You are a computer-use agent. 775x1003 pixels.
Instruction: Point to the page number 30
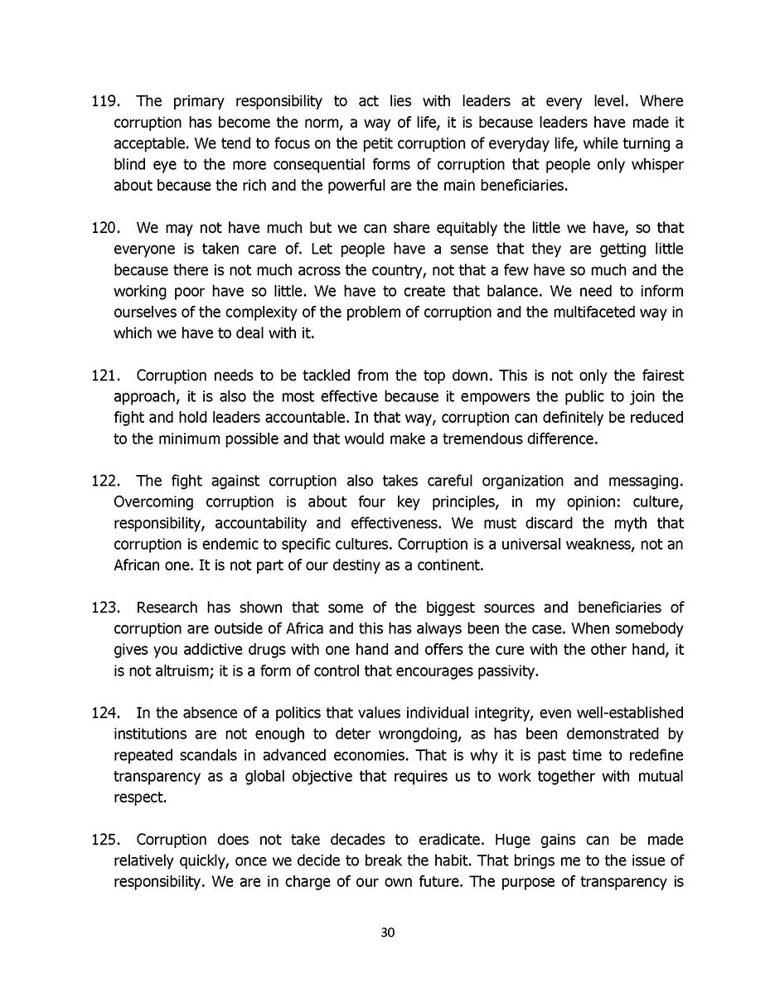(x=387, y=933)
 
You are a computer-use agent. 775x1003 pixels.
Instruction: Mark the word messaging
(x=646, y=481)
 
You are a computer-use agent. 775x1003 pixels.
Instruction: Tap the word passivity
(x=505, y=671)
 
